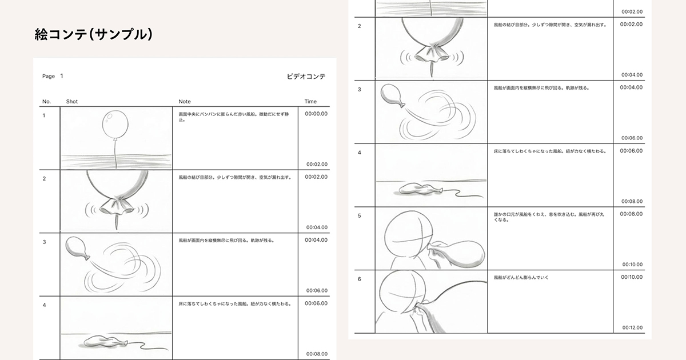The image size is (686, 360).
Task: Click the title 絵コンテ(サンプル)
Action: coord(94,35)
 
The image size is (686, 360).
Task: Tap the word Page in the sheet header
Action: coord(49,76)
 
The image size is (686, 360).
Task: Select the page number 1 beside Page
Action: coord(62,76)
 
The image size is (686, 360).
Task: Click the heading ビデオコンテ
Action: coord(306,76)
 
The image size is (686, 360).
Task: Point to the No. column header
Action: coord(47,102)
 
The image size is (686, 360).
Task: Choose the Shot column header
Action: coord(72,102)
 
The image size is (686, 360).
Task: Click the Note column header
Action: coord(185,102)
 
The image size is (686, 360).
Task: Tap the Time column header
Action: coord(310,102)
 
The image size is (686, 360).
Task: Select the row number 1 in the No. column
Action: coord(44,115)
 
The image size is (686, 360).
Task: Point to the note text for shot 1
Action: coord(234,117)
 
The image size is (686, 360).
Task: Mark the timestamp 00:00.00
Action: coord(316,114)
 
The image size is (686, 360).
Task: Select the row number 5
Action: coord(359,216)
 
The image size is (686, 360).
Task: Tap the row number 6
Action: coord(359,279)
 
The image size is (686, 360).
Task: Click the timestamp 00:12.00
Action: coord(632,327)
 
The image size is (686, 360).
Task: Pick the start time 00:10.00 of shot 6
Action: coord(631,277)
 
